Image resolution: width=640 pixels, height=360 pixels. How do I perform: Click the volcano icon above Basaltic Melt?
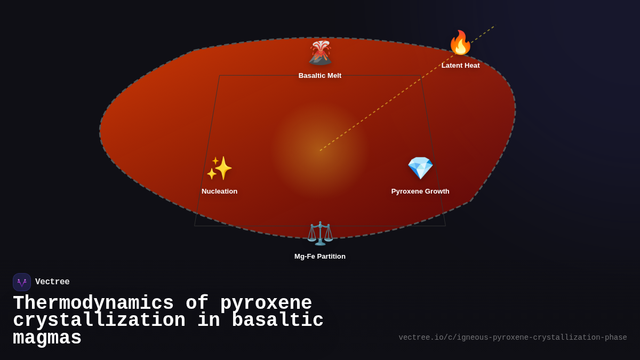(x=320, y=53)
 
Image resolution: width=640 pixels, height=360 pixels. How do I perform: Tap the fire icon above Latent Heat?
(x=460, y=43)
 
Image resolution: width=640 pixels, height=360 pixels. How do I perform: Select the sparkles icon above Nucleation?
(x=219, y=169)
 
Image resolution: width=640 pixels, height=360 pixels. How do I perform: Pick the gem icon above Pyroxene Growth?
(x=420, y=169)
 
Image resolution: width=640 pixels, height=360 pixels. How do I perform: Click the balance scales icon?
(x=320, y=233)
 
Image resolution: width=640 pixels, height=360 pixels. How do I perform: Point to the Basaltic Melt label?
(x=320, y=76)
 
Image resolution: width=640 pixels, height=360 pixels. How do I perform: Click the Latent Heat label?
(x=460, y=66)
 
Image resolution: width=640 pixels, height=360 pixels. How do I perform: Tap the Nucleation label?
(x=219, y=191)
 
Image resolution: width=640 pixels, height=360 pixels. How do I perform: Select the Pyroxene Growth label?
(x=420, y=191)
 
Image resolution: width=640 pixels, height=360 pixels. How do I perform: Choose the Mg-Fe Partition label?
(x=320, y=257)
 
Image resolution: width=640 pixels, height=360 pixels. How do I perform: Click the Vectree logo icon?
(x=22, y=282)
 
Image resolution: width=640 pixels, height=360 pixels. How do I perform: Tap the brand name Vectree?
(x=52, y=282)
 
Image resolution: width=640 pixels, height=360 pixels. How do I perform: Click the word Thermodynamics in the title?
(x=93, y=303)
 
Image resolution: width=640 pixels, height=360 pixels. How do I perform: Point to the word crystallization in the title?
(x=99, y=321)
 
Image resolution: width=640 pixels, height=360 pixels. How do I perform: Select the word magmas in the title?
(x=47, y=338)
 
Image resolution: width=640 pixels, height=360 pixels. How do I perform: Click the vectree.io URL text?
(x=513, y=338)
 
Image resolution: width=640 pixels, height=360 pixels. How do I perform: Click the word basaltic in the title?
(x=277, y=321)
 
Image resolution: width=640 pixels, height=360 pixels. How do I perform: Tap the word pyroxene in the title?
(x=266, y=303)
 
